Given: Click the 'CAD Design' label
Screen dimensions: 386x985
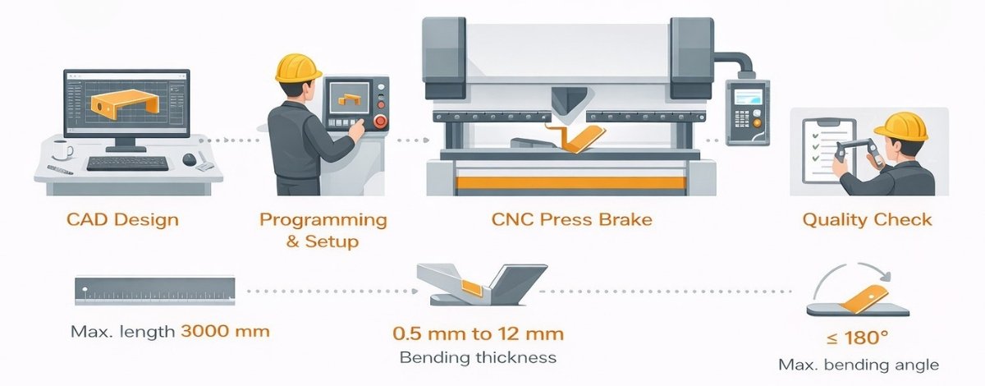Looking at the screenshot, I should pos(121,220).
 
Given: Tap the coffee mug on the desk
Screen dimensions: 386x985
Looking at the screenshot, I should pos(60,150).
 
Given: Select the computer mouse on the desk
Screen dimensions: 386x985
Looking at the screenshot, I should pos(190,159).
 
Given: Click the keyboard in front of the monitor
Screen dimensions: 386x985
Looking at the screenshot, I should pos(127,162).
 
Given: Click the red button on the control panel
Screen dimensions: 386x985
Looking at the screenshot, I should pos(379,122).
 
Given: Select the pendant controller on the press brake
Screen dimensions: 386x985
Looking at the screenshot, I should pos(749,112).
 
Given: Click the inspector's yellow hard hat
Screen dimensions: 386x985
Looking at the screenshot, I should pos(900,126).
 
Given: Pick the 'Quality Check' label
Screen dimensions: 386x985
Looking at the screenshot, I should pos(867,220).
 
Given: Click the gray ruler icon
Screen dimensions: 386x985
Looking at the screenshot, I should pos(154,291).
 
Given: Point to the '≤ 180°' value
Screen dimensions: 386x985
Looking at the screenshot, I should pos(857,338).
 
